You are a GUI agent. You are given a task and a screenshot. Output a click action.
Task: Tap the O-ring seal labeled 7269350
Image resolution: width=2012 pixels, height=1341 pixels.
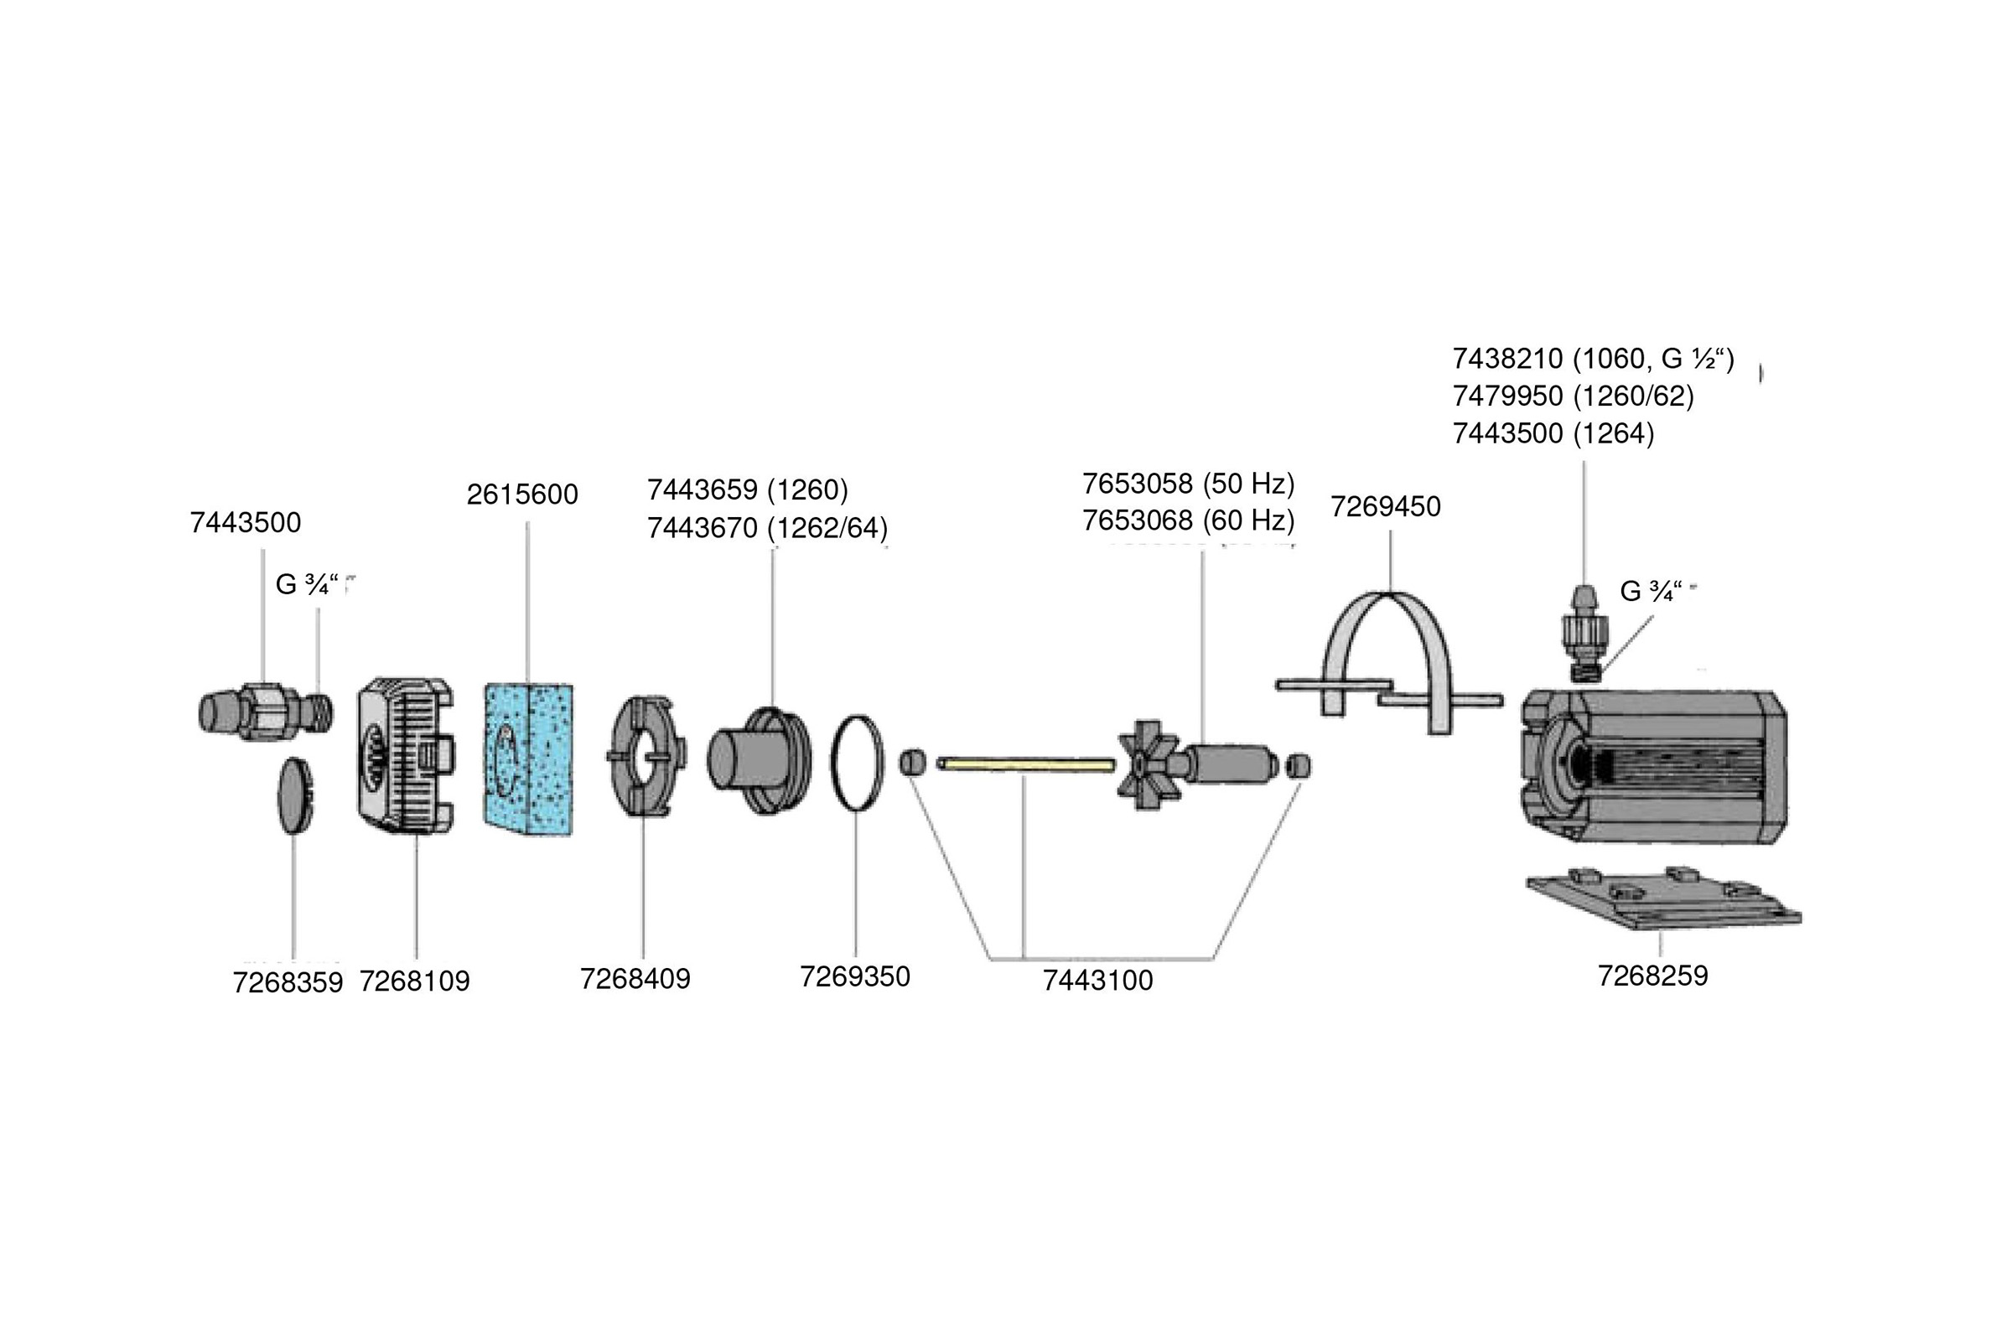point(856,761)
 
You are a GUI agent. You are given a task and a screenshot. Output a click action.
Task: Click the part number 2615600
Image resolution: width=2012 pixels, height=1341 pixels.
point(521,494)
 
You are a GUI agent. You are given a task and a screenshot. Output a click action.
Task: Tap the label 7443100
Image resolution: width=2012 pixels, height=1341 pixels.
point(1097,980)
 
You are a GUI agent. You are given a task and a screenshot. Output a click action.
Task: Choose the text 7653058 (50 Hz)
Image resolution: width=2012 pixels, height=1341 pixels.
point(1188,484)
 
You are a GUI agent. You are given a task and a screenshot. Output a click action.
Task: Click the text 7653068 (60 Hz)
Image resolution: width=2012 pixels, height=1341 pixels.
point(1188,520)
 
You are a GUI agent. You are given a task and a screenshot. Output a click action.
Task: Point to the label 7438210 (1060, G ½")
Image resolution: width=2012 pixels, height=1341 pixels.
point(1593,359)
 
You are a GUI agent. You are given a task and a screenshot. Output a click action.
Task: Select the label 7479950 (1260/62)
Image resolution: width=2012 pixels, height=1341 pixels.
point(1573,396)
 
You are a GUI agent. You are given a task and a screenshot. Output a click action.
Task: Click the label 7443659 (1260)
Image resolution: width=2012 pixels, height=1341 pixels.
point(747,490)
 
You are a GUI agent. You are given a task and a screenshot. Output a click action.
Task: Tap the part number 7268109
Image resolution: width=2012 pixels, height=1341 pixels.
point(414,981)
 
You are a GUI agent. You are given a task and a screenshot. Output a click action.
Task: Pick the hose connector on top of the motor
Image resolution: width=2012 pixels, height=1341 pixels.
point(1584,633)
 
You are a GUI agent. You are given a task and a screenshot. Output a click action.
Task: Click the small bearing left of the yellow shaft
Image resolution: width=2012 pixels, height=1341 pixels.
point(913,761)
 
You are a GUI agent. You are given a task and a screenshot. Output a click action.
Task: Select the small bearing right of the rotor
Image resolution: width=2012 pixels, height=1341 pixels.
point(1298,765)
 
